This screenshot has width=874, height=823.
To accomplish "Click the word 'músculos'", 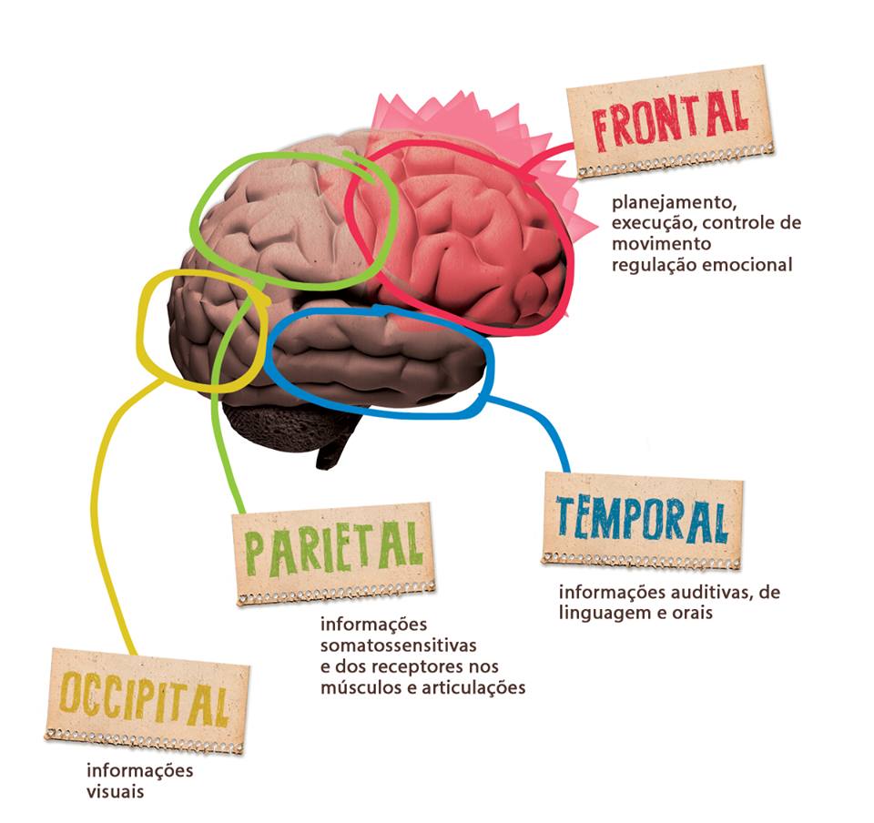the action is point(357,687).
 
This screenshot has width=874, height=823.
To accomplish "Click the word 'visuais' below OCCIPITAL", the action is point(115,791).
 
